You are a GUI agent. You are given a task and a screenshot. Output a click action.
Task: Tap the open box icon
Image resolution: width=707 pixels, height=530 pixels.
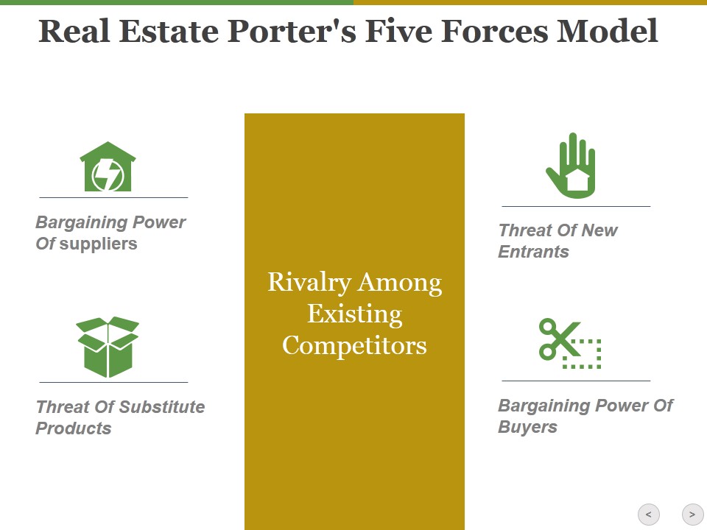pos(108,347)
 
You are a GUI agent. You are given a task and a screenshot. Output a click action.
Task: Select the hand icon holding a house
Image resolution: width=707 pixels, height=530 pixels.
pos(571,166)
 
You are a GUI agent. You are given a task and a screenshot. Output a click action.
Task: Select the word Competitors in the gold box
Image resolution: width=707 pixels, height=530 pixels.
pos(354,345)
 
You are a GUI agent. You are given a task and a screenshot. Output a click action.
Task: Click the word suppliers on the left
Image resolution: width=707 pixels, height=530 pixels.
pos(98,244)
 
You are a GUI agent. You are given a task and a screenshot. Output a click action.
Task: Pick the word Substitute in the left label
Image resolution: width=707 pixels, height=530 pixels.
pos(163,407)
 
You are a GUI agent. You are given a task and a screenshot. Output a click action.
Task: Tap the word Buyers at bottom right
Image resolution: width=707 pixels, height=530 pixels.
pos(527,427)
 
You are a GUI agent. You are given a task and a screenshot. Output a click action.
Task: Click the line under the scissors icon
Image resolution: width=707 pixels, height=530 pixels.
pos(576,381)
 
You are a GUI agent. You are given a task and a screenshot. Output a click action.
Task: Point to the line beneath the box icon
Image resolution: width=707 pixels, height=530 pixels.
pos(113,382)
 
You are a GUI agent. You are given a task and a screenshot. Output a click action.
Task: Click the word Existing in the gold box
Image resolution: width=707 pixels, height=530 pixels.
pos(354,314)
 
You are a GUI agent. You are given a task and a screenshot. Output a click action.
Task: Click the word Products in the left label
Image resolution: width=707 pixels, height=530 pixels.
pos(73,428)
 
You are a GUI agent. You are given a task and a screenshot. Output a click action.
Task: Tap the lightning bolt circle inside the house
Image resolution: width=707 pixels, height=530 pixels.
pos(108,174)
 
